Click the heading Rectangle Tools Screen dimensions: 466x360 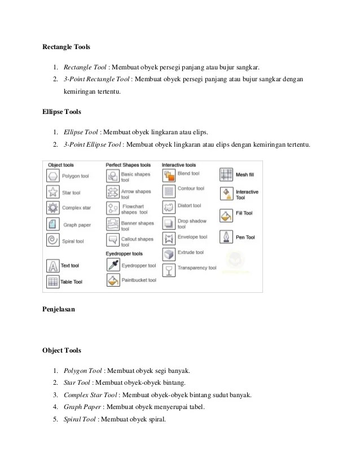coord(67,46)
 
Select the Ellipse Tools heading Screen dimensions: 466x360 coord(62,112)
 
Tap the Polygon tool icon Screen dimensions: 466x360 coord(53,176)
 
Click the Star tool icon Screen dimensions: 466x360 coord(53,192)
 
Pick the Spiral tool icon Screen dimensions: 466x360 coord(53,241)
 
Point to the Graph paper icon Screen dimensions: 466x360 coord(53,224)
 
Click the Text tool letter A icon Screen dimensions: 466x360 coord(53,265)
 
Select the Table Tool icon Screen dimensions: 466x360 coord(53,281)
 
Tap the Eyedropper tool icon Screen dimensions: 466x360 coord(112,265)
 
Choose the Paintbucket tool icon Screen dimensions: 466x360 coord(112,280)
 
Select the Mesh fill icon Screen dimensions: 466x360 coord(227,175)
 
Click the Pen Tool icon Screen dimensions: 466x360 coord(227,237)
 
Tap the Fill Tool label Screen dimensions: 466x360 coord(244,214)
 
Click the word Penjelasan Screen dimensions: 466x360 coord(60,310)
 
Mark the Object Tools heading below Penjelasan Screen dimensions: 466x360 coord(62,350)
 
